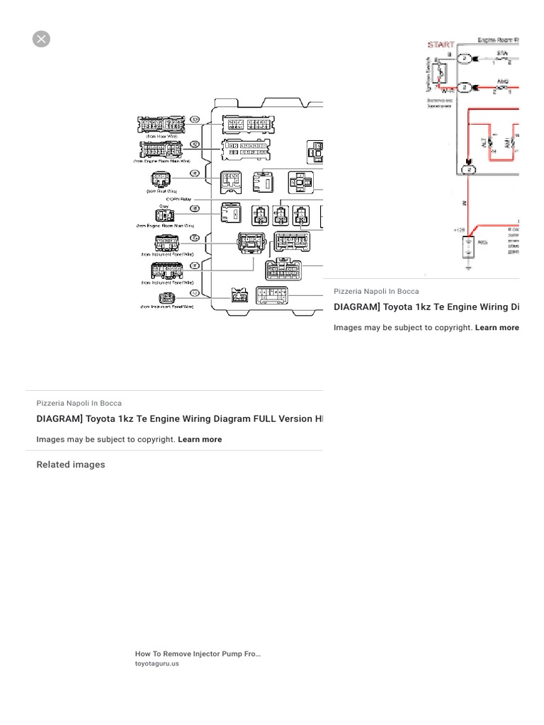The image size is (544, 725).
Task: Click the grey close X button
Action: coord(41,39)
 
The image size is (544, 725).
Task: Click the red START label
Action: coord(441,45)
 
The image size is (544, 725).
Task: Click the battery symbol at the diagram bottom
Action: coord(468,246)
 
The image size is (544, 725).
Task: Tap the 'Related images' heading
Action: coord(71,464)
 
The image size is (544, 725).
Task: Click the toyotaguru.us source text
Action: coord(157,663)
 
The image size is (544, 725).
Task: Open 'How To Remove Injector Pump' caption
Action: coord(198,654)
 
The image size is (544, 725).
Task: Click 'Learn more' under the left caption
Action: coord(200,439)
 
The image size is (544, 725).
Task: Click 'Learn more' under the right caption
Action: coord(497,328)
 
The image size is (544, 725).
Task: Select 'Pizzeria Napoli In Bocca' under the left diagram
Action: coord(79,403)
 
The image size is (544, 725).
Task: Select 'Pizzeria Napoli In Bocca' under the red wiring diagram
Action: coord(376,291)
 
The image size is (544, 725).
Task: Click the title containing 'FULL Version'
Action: coord(179,418)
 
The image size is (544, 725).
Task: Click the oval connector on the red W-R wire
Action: coord(464,87)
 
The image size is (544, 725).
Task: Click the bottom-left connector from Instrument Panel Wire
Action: coord(165,297)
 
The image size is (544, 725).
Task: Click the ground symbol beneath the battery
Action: coord(468,268)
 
